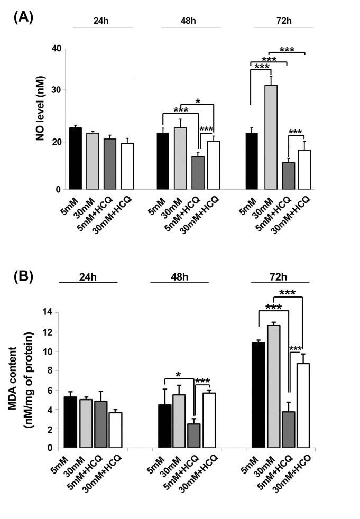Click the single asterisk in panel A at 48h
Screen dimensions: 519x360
tap(197, 100)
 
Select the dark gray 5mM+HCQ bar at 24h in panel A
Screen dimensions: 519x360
tap(110, 164)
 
